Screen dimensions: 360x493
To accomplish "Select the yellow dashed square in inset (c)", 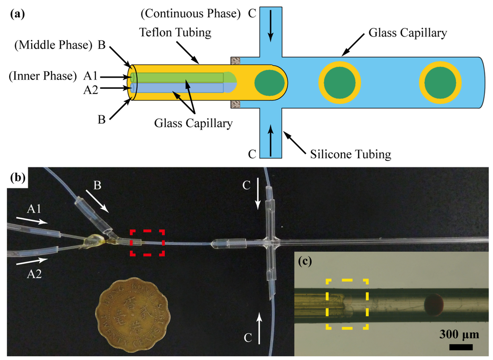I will click(x=347, y=304).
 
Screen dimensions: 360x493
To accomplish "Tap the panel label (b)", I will click(x=18, y=177).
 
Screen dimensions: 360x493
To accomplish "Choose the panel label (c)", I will click(x=304, y=262).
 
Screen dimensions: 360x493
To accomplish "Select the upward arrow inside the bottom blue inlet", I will click(x=271, y=140).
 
